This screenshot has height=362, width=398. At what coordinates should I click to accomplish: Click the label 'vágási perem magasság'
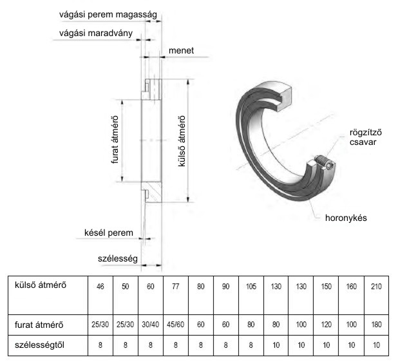point(108,15)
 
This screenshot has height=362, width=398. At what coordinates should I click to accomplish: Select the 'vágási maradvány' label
point(96,33)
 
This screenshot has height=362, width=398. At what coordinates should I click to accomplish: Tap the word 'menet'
point(181,50)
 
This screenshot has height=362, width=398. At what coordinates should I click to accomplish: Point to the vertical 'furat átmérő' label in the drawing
point(115,140)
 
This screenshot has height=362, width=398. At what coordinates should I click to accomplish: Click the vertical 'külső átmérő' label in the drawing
point(182,141)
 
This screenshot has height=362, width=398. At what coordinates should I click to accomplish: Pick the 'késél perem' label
point(109,233)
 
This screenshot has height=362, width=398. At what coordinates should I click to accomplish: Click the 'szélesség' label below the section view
point(117,259)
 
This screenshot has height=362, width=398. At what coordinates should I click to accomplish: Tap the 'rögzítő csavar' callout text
point(366,137)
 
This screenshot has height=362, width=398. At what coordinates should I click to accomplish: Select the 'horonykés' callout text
point(346,218)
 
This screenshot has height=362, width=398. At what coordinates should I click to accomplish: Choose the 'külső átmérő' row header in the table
point(41,285)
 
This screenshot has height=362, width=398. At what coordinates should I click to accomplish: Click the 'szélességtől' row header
point(39,345)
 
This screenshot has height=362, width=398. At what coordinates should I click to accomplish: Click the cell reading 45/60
point(176,325)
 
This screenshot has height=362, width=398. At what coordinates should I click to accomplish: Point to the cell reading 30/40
point(151,325)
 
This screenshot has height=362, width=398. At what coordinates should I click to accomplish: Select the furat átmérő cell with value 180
point(376,325)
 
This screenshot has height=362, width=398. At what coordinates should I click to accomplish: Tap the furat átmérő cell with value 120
point(326,325)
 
